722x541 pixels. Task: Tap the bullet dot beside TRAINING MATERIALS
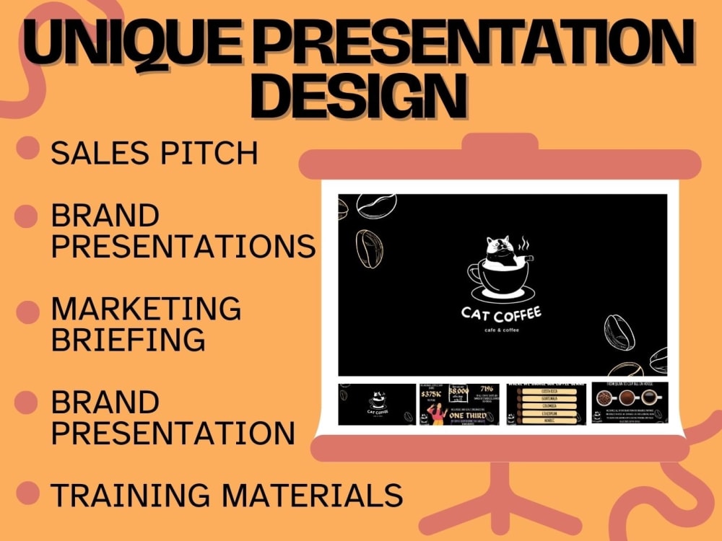tap(27, 493)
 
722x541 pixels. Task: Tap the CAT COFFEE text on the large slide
tap(501, 315)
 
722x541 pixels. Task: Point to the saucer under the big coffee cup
tap(503, 294)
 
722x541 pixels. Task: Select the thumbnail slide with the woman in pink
tap(458, 404)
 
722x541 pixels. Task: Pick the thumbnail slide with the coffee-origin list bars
tap(546, 404)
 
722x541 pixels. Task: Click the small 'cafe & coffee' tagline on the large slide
tap(501, 330)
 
